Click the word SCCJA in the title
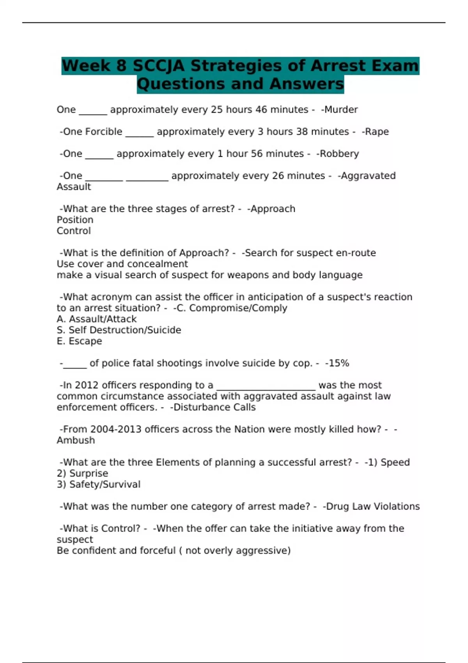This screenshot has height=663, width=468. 158,66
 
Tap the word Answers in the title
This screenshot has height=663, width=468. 307,84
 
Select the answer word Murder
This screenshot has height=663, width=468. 341,110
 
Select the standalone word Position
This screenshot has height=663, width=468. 75,220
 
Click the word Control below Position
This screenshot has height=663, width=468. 74,231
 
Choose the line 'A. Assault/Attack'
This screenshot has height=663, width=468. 97,319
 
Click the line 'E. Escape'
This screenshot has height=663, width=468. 79,341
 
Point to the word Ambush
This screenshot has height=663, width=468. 76,440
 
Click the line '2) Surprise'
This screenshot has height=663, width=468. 82,473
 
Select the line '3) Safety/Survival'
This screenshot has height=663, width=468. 98,484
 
